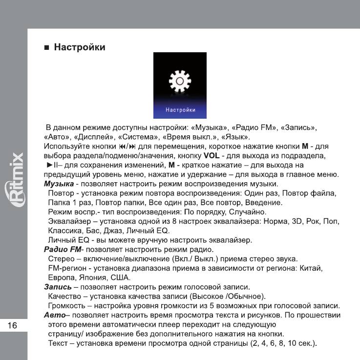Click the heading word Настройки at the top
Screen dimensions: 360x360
(x=80, y=48)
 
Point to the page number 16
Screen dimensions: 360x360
(x=13, y=325)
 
